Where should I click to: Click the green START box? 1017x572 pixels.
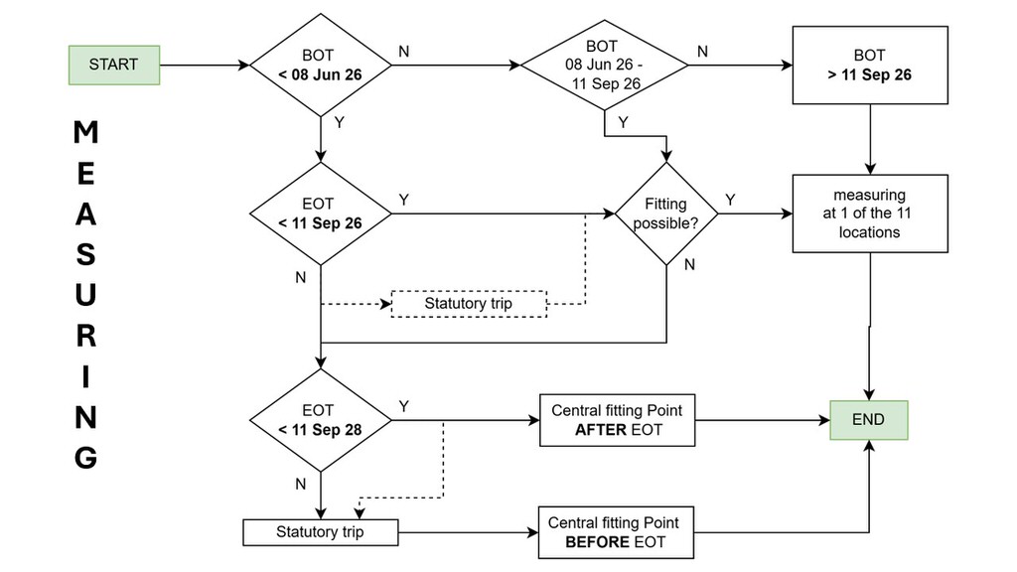pyautogui.click(x=114, y=65)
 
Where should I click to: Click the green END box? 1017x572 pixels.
pyautogui.click(x=869, y=420)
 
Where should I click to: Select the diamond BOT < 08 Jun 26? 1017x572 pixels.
pyautogui.click(x=321, y=65)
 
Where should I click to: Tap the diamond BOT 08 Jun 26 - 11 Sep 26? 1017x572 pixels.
pyautogui.click(x=605, y=65)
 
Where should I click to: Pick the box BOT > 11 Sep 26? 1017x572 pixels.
pyautogui.click(x=870, y=65)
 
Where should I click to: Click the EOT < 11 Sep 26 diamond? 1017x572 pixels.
pyautogui.click(x=321, y=214)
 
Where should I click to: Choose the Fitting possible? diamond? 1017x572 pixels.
pyautogui.click(x=666, y=214)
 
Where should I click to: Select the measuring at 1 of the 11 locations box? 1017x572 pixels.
pyautogui.click(x=870, y=214)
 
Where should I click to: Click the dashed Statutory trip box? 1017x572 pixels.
pyautogui.click(x=469, y=304)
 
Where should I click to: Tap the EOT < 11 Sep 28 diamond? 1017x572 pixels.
pyautogui.click(x=321, y=420)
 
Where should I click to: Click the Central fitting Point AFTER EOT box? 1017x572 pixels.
pyautogui.click(x=618, y=420)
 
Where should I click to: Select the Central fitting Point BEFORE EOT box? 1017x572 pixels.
pyautogui.click(x=616, y=532)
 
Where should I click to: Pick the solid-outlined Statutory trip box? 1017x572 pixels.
pyautogui.click(x=321, y=532)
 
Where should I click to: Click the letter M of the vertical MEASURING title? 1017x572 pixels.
pyautogui.click(x=85, y=132)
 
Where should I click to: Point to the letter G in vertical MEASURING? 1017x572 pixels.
pyautogui.click(x=85, y=458)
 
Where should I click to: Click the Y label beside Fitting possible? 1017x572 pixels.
pyautogui.click(x=730, y=200)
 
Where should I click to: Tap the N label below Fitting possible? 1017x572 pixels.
pyautogui.click(x=689, y=264)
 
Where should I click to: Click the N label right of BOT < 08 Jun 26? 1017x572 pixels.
pyautogui.click(x=403, y=52)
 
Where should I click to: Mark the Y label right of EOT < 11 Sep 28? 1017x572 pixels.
pyautogui.click(x=404, y=406)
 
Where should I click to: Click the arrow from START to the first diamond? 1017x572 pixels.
pyautogui.click(x=205, y=65)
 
